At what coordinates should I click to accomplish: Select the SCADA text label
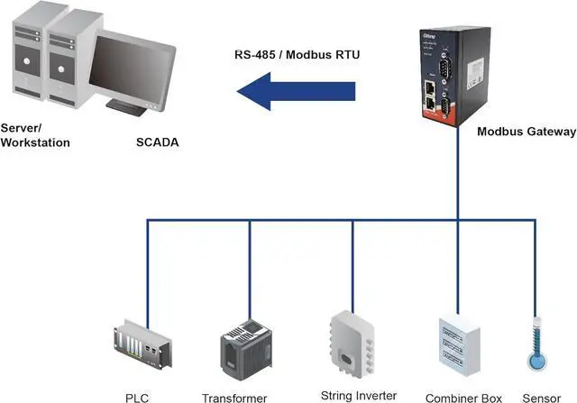157,142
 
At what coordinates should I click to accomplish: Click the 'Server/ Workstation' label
36,135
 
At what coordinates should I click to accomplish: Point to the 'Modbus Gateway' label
526,132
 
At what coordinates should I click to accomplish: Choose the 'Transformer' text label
234,398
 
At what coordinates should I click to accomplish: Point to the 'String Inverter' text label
358,395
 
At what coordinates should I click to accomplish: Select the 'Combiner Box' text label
458,397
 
